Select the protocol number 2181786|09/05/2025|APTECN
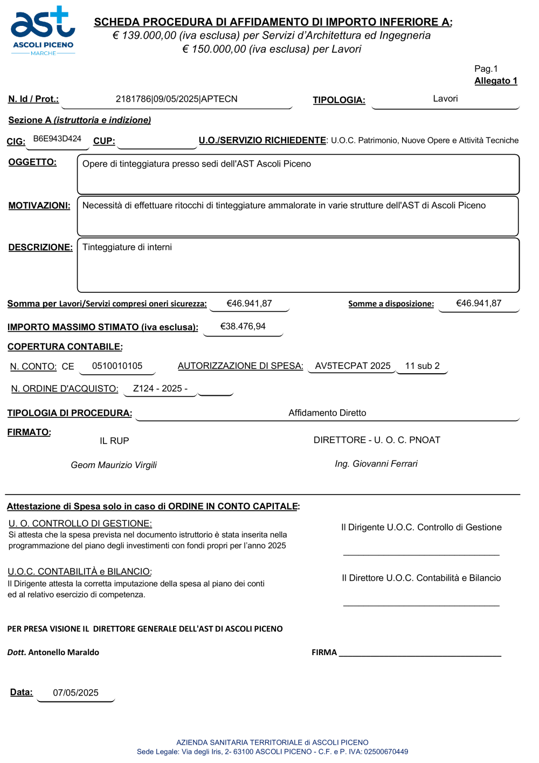coord(176,99)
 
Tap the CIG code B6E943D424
coord(57,139)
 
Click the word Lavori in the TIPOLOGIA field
coord(445,99)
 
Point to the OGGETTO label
coord(32,162)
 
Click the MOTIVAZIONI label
coord(39,205)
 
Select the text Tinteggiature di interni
coord(127,248)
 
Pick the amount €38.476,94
coord(243,326)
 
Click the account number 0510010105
coord(117,366)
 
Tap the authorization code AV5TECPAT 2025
coord(353,366)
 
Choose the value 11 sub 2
coord(422,366)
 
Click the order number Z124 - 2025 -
coord(160,389)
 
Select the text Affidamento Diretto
coord(327,413)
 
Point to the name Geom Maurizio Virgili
coord(114,465)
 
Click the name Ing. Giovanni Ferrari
coord(376,464)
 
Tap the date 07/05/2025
coord(75,693)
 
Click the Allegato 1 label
coord(495,81)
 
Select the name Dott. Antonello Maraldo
coord(53,652)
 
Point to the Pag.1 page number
coord(486,69)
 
